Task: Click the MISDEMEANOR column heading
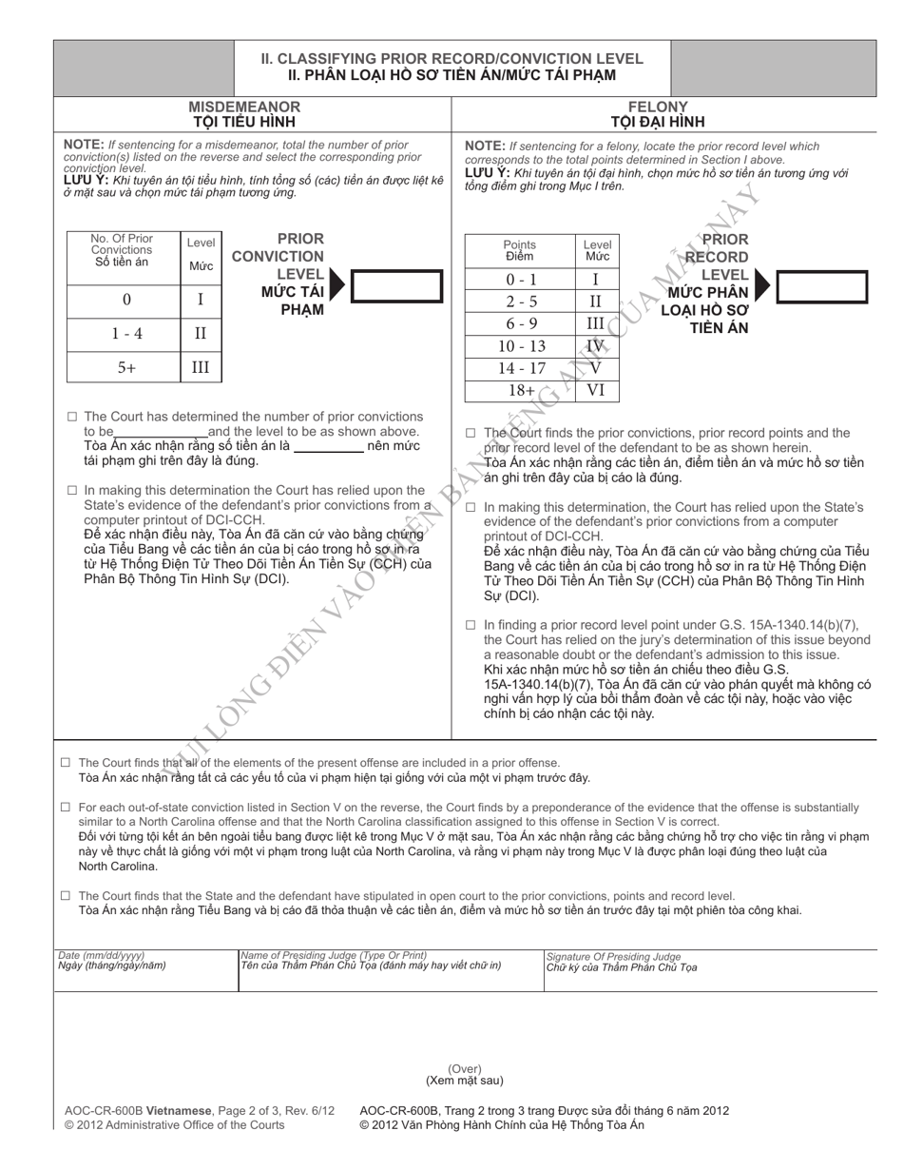click(244, 107)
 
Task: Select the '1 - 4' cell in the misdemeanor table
click(126, 334)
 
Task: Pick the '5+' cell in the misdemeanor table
click(126, 367)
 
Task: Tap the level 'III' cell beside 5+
click(201, 367)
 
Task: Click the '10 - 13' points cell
click(521, 346)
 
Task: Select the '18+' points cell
click(521, 390)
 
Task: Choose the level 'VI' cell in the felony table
click(596, 390)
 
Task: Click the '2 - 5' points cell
click(521, 302)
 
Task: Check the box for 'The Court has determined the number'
click(72, 417)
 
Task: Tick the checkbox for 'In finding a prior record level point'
click(471, 625)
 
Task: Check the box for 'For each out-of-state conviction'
click(66, 807)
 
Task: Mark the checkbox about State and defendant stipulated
click(66, 895)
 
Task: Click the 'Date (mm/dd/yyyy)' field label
click(95, 955)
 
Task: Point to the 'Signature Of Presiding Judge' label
click(614, 956)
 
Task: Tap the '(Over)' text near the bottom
click(465, 1069)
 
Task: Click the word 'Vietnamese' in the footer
click(179, 1110)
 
